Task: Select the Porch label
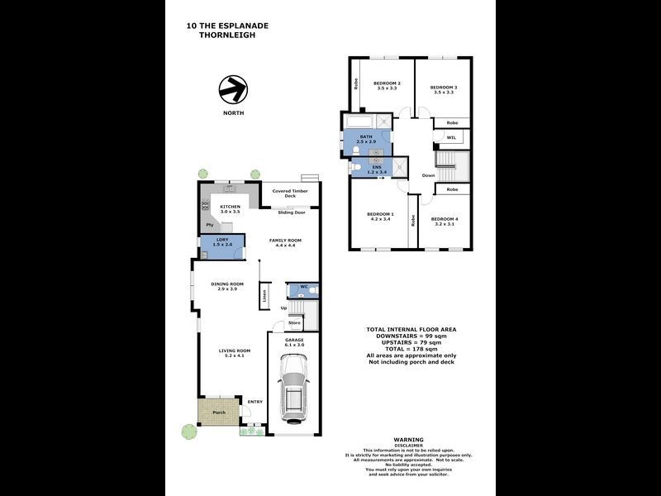coord(219,413)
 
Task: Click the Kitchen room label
coord(231,207)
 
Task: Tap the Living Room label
coord(235,351)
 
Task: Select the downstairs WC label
coord(303,288)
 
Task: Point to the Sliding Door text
coord(291,212)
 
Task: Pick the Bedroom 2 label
coord(387,83)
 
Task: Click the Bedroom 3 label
coord(444,88)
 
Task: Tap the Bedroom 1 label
coord(380,214)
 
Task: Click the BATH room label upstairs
coord(365,136)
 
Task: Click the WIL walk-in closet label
coord(451,137)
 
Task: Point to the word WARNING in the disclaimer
coord(408,440)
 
